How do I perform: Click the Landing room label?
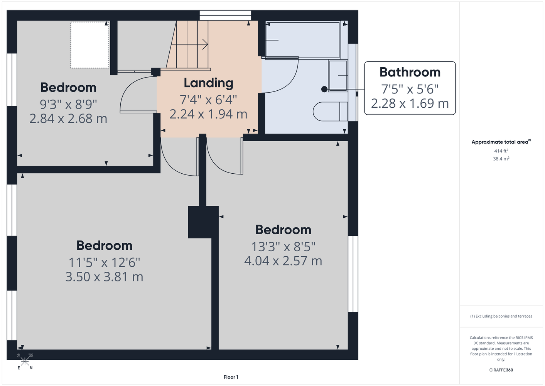point(208,83)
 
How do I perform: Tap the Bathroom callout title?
point(410,72)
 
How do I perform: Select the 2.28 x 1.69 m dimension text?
point(410,103)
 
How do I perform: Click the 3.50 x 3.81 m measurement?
point(104,277)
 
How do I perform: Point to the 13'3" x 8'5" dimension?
point(283,247)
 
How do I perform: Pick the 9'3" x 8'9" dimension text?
point(68,105)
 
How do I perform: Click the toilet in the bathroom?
point(331,112)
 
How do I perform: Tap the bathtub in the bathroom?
point(303,40)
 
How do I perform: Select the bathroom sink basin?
point(338,76)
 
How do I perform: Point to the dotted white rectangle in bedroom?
point(90,45)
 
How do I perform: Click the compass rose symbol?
point(25,362)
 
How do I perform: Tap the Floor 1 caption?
point(231,377)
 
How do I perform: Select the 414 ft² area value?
point(501,151)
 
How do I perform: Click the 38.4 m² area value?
point(501,159)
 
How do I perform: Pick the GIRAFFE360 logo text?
point(501,370)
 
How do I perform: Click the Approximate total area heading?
point(501,142)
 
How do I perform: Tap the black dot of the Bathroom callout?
point(324,90)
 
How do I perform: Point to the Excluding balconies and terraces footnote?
point(501,316)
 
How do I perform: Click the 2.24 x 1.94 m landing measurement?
point(208,114)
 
